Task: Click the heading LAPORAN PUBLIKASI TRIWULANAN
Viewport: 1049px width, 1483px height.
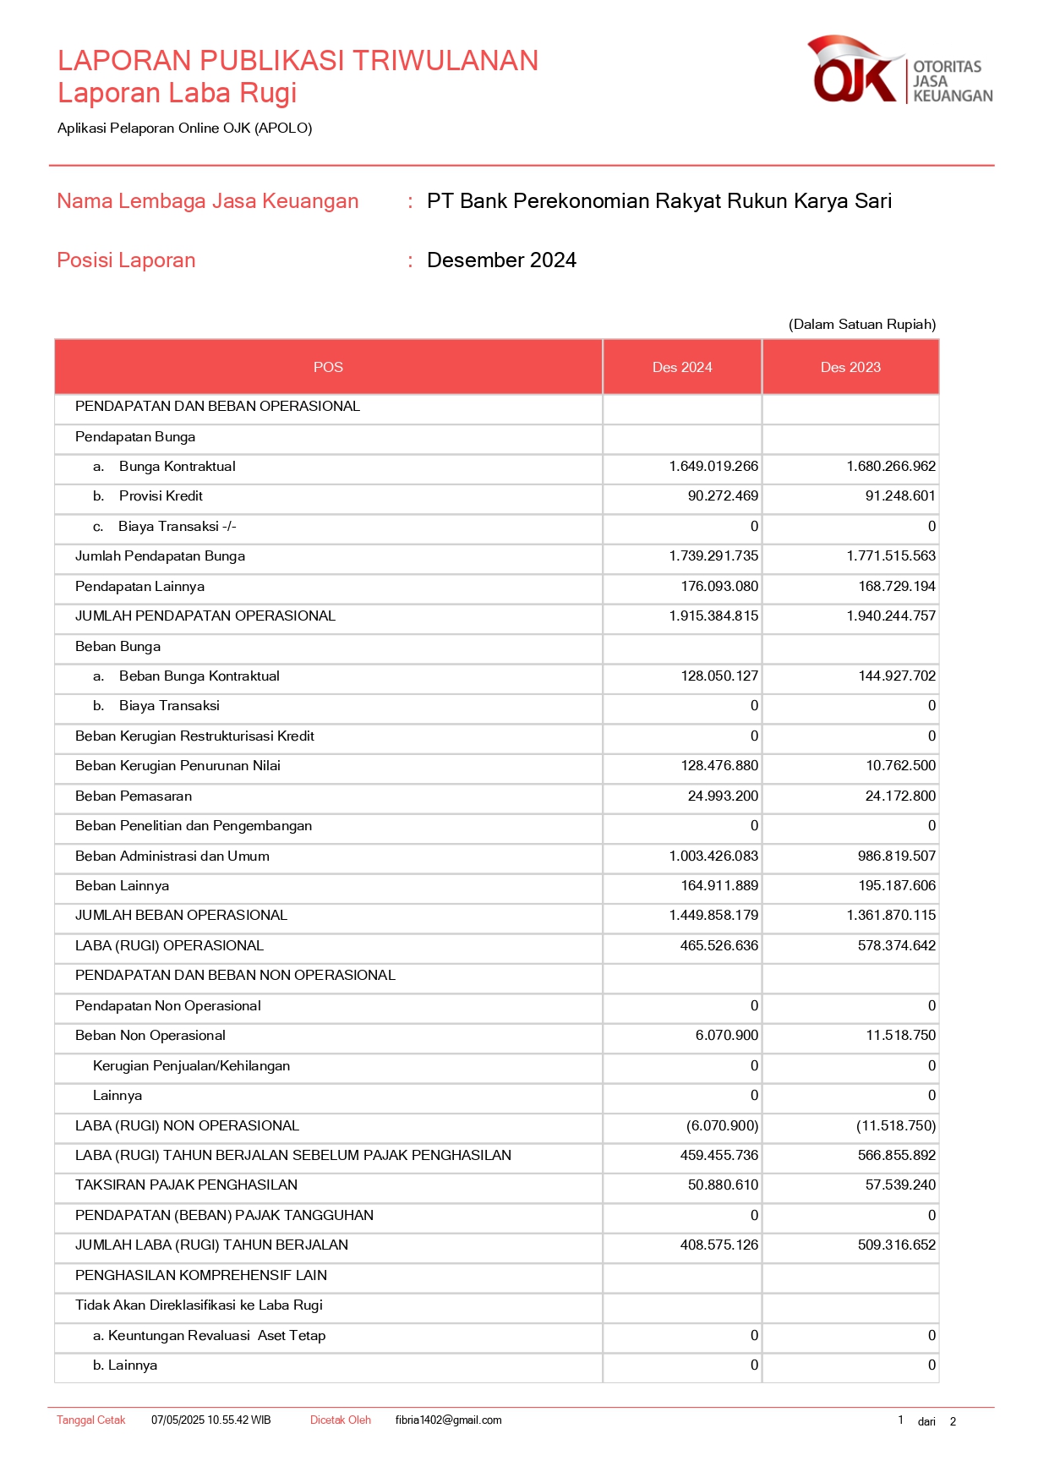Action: pos(298,61)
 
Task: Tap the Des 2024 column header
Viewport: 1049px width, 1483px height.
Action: pos(682,367)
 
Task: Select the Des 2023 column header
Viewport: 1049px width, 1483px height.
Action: pos(850,367)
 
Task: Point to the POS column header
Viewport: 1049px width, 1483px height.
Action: pos(328,367)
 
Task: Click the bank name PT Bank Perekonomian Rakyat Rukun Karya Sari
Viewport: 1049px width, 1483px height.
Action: pos(659,201)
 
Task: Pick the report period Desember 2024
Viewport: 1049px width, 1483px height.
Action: pos(501,260)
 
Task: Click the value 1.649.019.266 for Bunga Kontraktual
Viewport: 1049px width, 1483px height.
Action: pos(713,467)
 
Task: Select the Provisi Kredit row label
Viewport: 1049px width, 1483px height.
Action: pos(161,496)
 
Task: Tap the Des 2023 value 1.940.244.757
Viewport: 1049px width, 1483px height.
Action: pos(891,616)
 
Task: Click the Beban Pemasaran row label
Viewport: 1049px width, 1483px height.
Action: pos(134,796)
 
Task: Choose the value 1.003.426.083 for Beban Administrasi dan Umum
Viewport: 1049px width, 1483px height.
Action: pos(713,856)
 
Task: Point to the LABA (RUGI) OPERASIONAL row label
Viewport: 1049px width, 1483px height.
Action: pos(169,946)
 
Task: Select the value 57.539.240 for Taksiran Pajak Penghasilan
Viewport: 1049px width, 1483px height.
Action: pos(900,1185)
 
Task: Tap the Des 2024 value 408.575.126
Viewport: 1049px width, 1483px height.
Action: pos(719,1245)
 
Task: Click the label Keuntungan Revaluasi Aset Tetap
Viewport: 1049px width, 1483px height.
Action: pos(216,1336)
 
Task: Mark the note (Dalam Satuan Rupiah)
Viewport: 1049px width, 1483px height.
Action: pos(862,325)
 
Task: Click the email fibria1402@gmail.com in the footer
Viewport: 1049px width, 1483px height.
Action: pos(448,1420)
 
